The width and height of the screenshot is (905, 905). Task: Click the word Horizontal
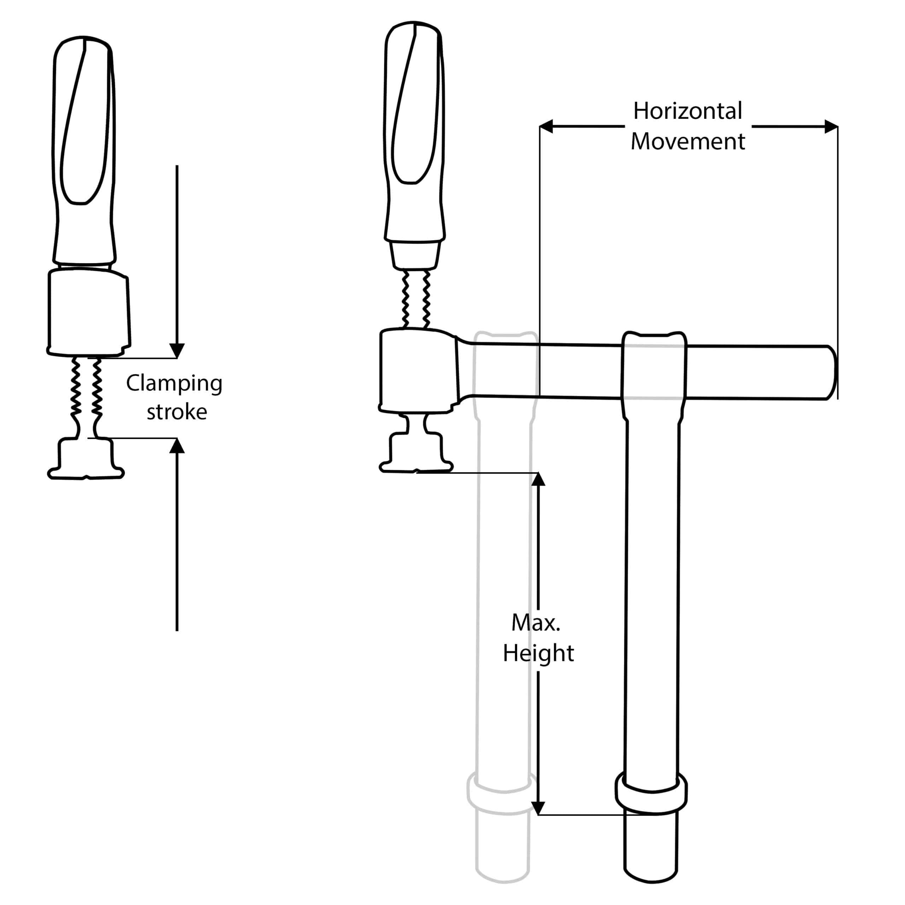point(687,111)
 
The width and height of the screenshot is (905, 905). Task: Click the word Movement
point(687,141)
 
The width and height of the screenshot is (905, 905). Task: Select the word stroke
point(177,412)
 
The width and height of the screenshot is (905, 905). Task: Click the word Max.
point(536,623)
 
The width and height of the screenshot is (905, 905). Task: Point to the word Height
point(538,653)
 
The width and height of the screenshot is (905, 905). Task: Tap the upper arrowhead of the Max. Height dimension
point(538,479)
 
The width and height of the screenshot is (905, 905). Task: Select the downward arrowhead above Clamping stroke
point(177,350)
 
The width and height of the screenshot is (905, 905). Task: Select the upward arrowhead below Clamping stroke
point(177,446)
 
